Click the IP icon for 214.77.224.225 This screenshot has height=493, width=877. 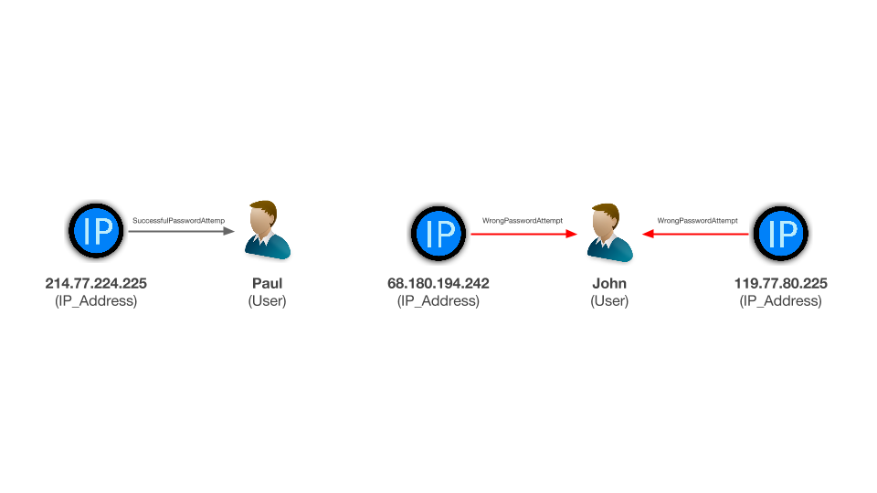point(96,230)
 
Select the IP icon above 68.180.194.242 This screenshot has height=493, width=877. point(438,233)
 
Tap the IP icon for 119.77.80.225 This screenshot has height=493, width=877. point(781,233)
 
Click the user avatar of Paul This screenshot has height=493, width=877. point(268,230)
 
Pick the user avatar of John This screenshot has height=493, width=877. point(609,233)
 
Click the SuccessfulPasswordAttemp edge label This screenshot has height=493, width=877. point(178,221)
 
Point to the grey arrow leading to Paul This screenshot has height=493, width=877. point(181,231)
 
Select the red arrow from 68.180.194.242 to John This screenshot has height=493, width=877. point(524,234)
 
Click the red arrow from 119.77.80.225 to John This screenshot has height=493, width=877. point(695,234)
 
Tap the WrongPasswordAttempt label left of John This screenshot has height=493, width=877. point(523,221)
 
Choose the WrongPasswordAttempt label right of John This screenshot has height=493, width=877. point(697,221)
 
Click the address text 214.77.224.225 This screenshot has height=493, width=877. point(96,283)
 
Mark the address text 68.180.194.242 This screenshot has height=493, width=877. point(438,283)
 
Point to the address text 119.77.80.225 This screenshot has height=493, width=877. point(781,283)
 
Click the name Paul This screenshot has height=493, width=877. point(268,283)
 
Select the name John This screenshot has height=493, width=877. point(609,283)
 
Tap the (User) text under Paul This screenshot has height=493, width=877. point(268,300)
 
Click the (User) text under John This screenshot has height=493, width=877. point(609,300)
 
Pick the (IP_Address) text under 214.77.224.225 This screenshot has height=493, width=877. point(96,300)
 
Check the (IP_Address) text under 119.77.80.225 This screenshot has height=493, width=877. point(781,300)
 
